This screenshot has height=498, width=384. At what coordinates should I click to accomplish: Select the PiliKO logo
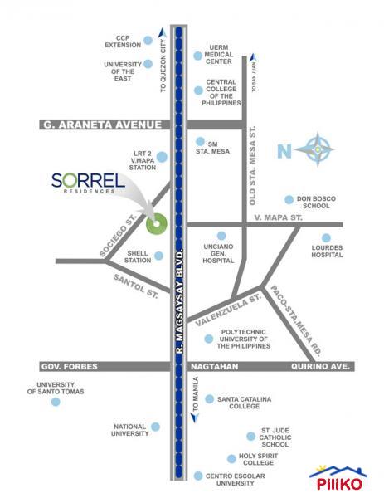(338, 477)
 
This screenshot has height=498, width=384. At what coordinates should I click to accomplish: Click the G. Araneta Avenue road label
(100, 125)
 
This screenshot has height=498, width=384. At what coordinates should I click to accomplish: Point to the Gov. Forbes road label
(69, 366)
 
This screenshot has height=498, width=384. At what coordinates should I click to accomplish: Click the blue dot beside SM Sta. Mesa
(199, 142)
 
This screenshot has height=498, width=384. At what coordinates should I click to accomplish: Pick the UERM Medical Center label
(222, 56)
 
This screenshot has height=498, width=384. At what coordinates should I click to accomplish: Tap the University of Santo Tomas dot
(56, 403)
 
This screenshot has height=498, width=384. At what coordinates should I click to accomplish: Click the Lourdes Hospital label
(326, 251)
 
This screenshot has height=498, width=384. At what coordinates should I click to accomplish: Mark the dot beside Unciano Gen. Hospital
(221, 236)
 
